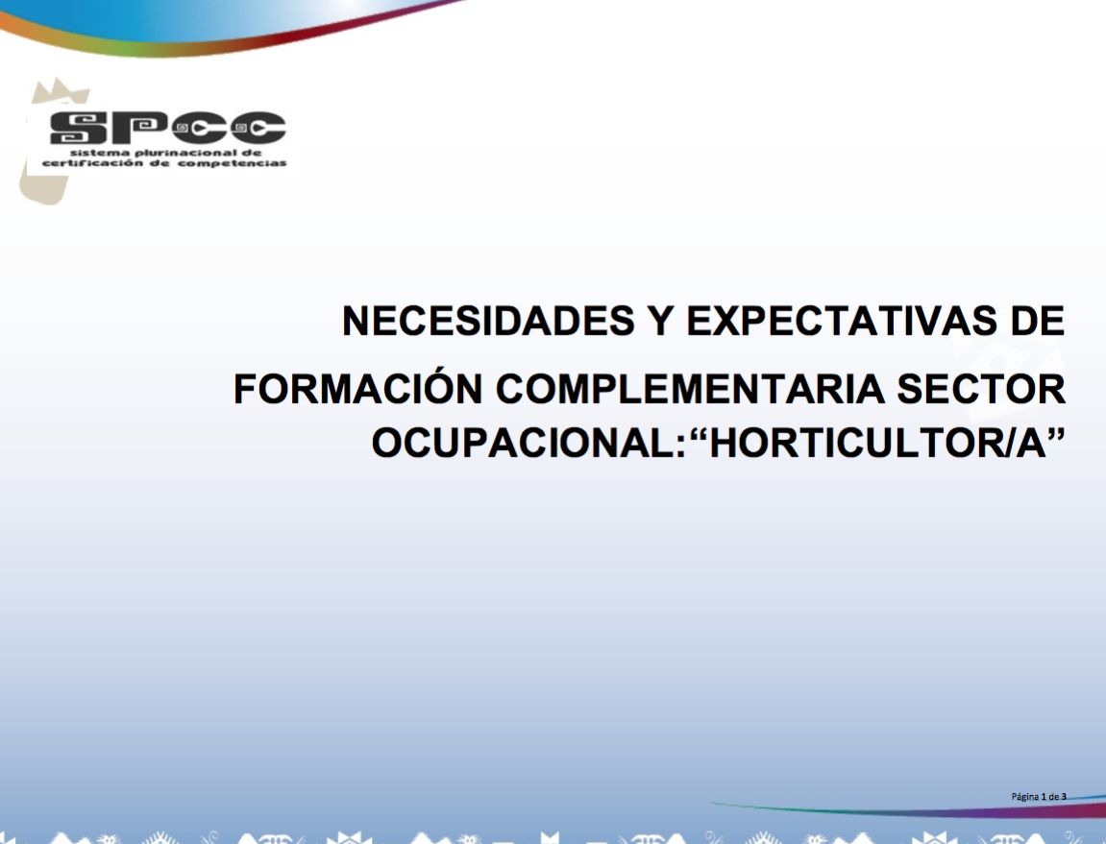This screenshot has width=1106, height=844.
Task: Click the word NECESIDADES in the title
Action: click(488, 321)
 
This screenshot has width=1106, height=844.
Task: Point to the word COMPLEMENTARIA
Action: click(690, 389)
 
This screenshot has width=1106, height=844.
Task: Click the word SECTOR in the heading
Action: click(981, 389)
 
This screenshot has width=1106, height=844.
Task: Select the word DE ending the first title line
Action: click(1038, 321)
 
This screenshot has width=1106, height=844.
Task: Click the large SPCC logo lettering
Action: click(168, 128)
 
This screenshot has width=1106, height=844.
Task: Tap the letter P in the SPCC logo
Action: click(139, 128)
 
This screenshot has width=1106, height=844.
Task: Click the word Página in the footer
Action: click(1025, 797)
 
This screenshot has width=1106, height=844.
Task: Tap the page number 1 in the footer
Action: click(1044, 797)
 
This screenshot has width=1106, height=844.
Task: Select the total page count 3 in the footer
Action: click(1064, 797)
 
